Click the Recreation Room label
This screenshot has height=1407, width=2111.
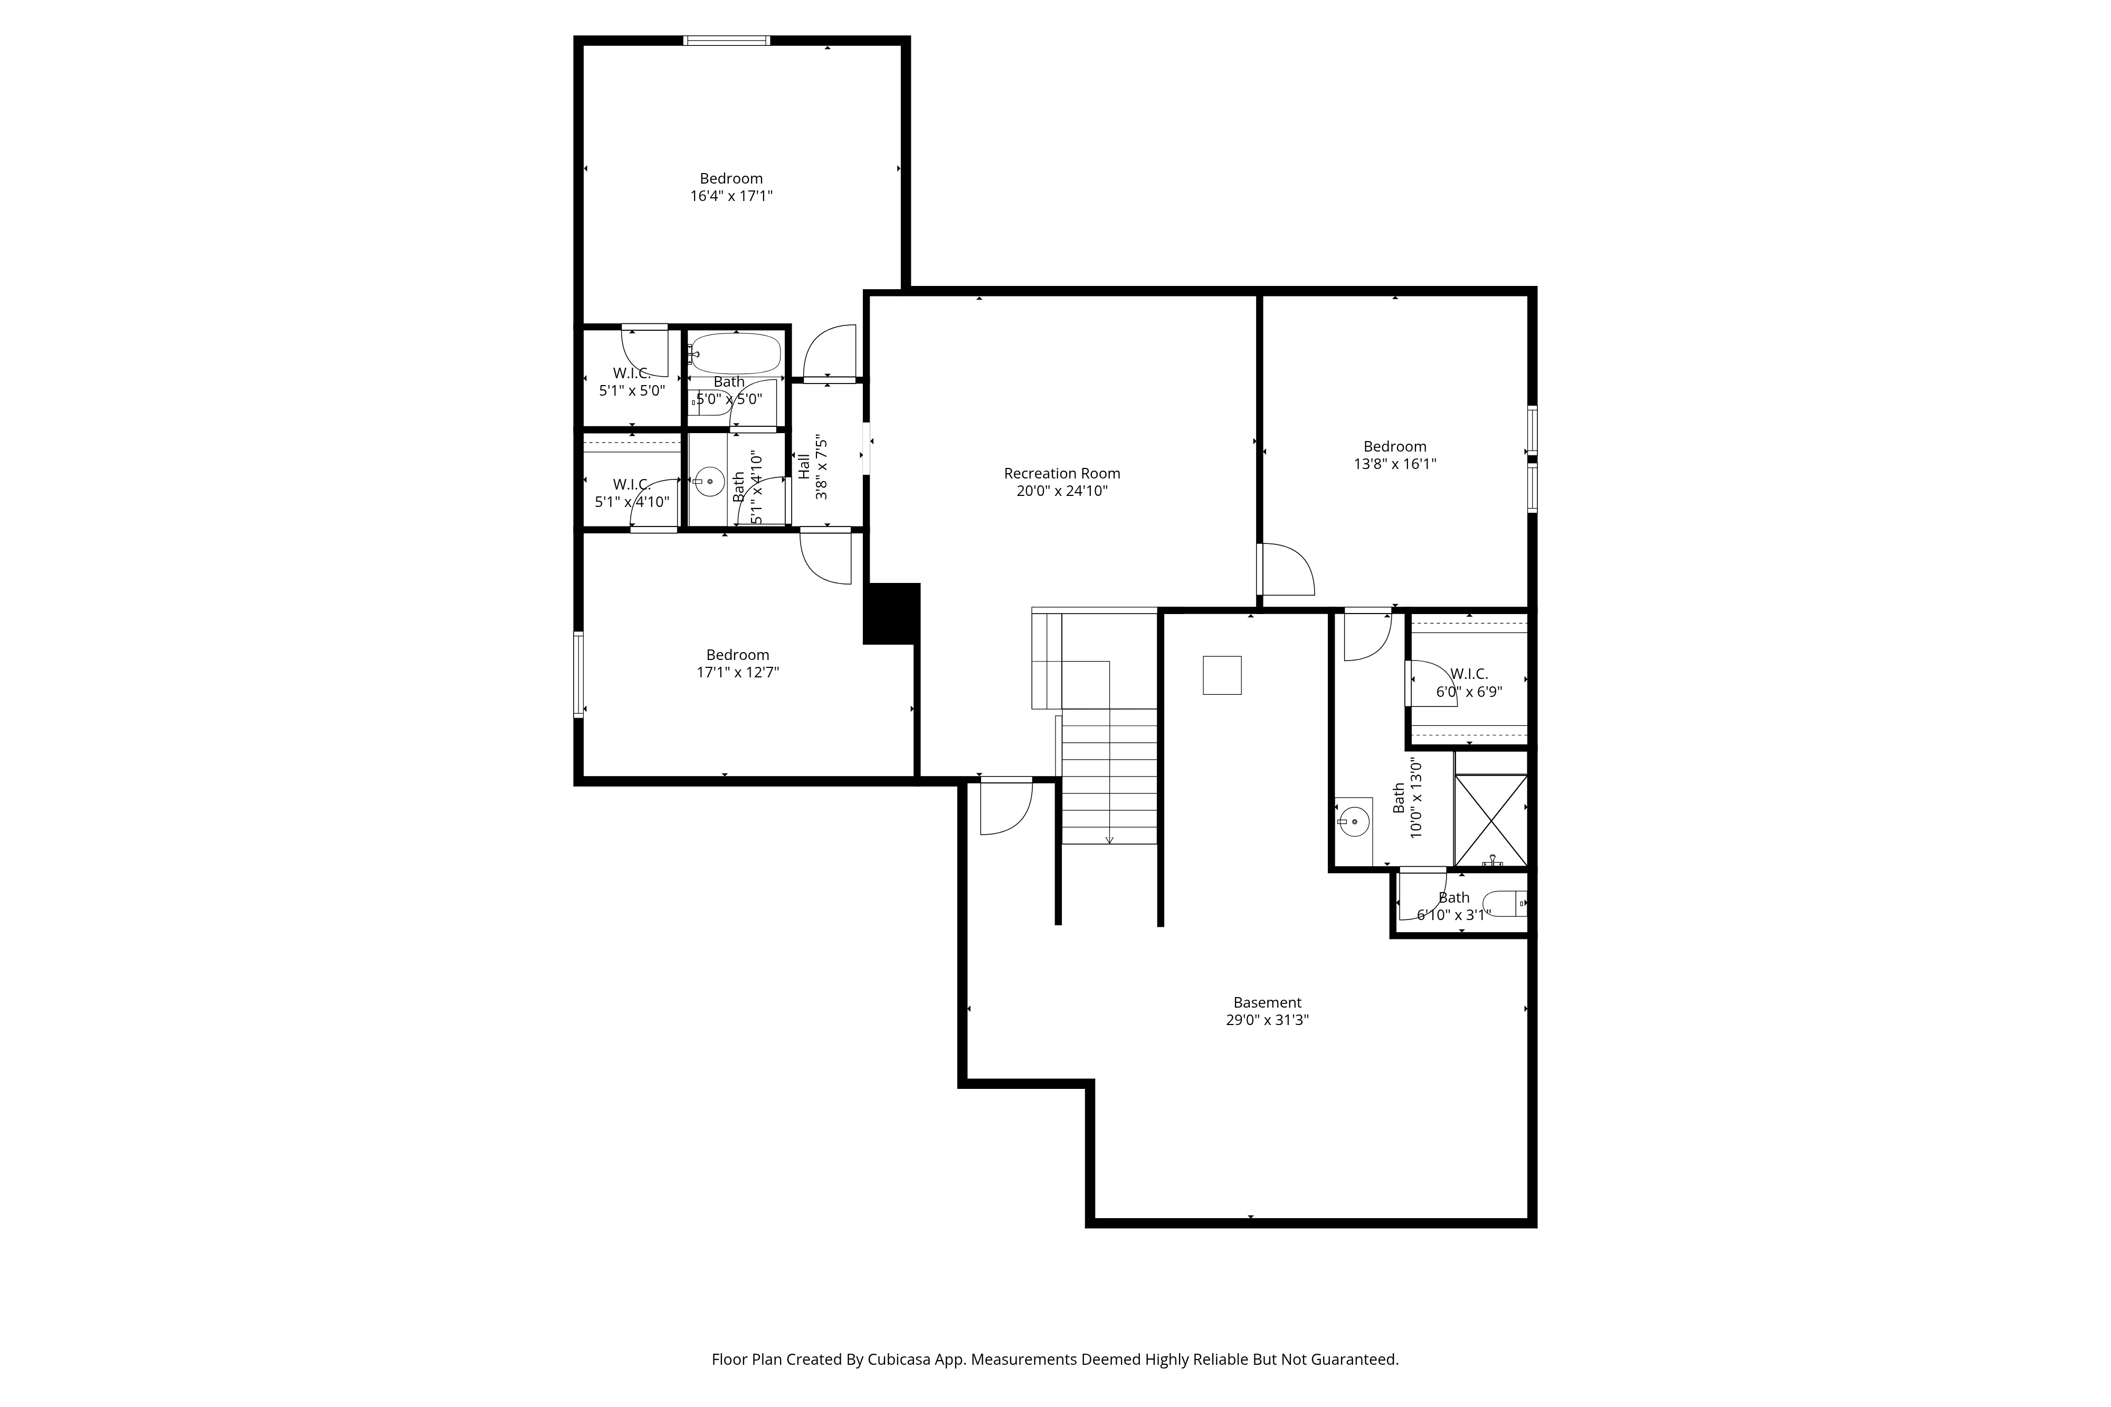[1062, 473]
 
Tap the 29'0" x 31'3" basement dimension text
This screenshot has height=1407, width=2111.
[1267, 1020]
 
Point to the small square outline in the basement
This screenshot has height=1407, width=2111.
[1222, 675]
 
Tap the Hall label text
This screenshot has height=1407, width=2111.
[804, 466]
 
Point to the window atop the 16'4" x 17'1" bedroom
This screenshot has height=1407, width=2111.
[726, 41]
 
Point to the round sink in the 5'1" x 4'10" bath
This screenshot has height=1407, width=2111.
[710, 482]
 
